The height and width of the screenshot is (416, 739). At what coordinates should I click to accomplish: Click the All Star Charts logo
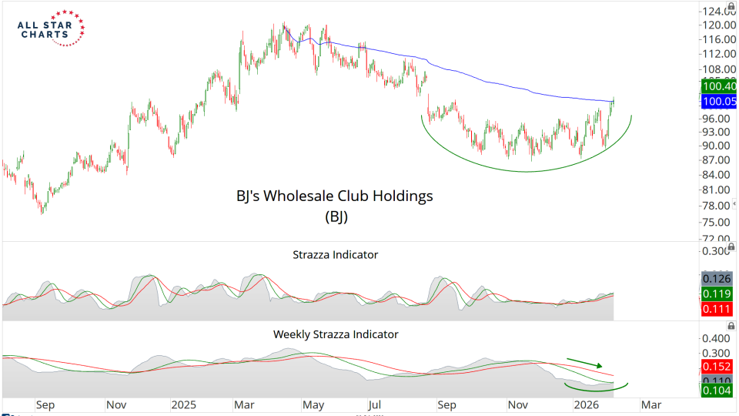click(x=51, y=29)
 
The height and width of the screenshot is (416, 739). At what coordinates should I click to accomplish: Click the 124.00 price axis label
click(x=717, y=12)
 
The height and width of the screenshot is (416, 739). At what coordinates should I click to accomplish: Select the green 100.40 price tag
click(x=717, y=87)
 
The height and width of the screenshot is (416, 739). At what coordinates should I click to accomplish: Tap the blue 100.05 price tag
click(x=717, y=102)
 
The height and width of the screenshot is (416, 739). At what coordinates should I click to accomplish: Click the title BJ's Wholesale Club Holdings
click(x=334, y=196)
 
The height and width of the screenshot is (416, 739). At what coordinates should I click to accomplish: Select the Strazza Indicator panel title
click(x=335, y=254)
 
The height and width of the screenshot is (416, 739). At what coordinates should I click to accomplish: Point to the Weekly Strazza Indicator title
click(x=336, y=334)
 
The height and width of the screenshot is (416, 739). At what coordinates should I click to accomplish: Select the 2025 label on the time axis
click(x=185, y=404)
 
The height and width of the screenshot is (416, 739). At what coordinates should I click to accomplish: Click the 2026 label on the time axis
click(x=587, y=404)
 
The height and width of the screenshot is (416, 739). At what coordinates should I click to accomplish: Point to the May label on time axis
click(x=312, y=404)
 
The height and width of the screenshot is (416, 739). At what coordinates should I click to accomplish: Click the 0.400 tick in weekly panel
click(x=717, y=339)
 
